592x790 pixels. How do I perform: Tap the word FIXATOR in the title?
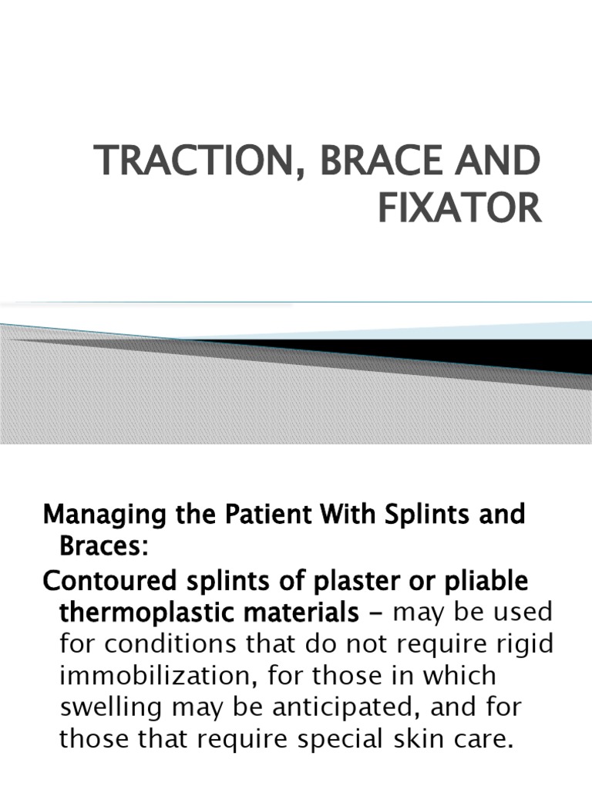tap(460, 209)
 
